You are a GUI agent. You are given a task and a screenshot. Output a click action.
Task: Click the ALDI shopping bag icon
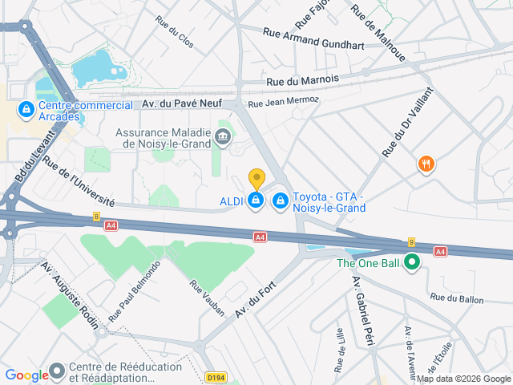(x=256, y=200)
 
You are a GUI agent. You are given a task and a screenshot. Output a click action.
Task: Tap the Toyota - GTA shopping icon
(x=281, y=200)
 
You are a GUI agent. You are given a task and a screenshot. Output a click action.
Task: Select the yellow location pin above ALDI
(x=256, y=179)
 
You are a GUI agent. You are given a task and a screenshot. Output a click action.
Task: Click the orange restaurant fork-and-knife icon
(x=426, y=164)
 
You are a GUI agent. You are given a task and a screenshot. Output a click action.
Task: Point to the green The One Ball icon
(x=412, y=262)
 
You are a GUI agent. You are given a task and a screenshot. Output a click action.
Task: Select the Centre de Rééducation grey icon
(x=57, y=371)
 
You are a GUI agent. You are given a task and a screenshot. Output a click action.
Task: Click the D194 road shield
(x=216, y=377)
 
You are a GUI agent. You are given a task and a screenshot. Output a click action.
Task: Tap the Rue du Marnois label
(x=302, y=79)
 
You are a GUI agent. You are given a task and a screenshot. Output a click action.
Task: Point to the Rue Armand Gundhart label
(x=313, y=38)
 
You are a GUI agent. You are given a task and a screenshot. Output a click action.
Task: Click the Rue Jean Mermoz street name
(x=283, y=102)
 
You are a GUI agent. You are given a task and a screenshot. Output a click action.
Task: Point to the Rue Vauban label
(x=207, y=298)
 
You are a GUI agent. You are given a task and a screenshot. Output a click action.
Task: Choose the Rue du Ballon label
(x=456, y=298)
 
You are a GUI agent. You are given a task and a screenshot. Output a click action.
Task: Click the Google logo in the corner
(x=27, y=375)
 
